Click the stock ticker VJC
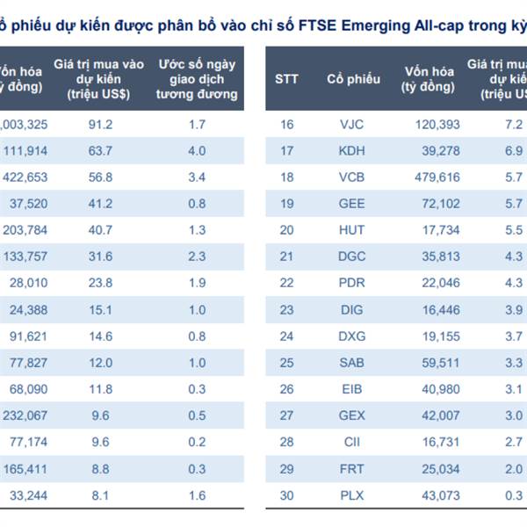click(x=351, y=125)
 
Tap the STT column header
click(x=286, y=79)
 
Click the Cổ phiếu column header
click(x=353, y=79)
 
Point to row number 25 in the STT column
click(x=286, y=363)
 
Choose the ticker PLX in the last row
click(x=351, y=495)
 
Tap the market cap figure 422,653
click(x=25, y=177)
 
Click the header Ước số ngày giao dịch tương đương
click(x=197, y=79)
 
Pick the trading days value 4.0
click(x=197, y=151)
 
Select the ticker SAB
click(x=351, y=363)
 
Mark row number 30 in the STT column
click(x=286, y=495)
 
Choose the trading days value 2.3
click(x=197, y=256)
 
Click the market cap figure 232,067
click(x=25, y=415)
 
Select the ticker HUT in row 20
click(x=351, y=230)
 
